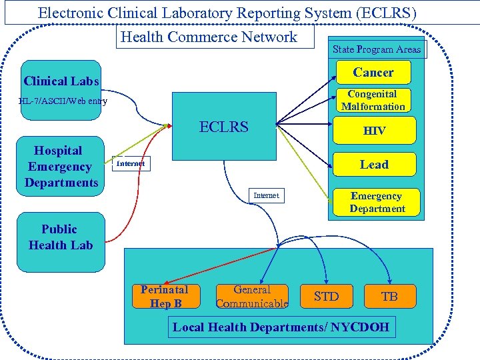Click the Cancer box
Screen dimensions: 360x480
click(373, 72)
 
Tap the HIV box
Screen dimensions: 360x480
click(374, 131)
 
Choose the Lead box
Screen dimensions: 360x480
click(374, 165)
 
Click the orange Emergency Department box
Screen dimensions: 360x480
click(377, 203)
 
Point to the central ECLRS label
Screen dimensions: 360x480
click(224, 127)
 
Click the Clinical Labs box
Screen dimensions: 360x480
click(61, 82)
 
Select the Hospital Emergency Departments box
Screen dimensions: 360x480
click(61, 167)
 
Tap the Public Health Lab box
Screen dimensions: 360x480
click(61, 238)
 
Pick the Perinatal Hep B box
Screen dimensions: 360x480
click(165, 297)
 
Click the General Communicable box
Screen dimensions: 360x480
click(252, 297)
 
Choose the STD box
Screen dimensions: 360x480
click(326, 297)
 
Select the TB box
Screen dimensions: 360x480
click(389, 297)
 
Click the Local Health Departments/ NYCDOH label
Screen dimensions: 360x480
click(281, 327)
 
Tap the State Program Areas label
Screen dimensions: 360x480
click(377, 49)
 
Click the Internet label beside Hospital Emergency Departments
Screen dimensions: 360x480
click(131, 163)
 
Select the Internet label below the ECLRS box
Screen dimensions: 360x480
click(266, 195)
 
